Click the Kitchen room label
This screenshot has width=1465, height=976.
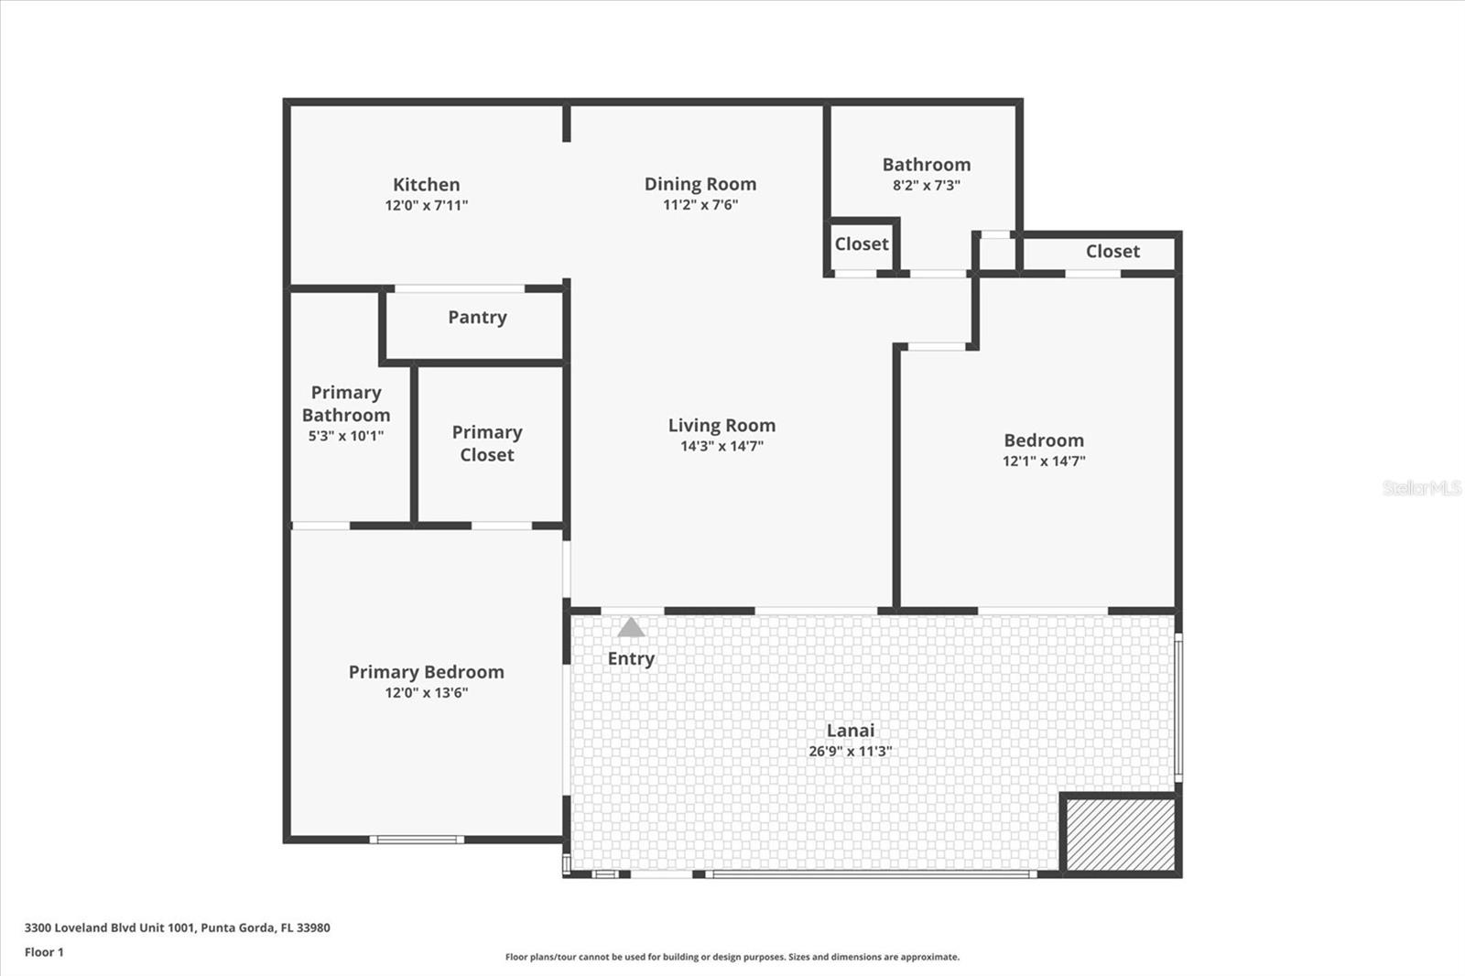(426, 184)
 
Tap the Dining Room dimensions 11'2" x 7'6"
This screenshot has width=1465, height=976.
(700, 205)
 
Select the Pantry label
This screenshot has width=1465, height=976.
(477, 318)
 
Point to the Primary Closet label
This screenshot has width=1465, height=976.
(487, 443)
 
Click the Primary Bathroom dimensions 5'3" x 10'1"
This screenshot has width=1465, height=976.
(346, 436)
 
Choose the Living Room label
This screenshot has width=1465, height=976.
(722, 425)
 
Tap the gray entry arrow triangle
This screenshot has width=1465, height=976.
(631, 627)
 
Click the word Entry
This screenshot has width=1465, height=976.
(631, 658)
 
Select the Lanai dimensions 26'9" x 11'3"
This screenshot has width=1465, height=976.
(851, 751)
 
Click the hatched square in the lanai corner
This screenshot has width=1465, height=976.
(1121, 835)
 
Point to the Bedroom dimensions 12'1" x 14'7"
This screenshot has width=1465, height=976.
(1044, 461)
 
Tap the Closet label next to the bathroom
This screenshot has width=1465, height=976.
(862, 244)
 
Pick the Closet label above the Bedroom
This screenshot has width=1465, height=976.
(1112, 251)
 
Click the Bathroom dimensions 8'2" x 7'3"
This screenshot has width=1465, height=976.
(927, 185)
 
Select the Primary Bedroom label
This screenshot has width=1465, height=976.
(427, 672)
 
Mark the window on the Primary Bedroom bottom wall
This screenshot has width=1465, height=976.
(418, 840)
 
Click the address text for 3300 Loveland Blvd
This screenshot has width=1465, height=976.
(178, 927)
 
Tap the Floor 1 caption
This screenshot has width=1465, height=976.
(45, 952)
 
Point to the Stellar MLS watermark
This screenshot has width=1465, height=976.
(1422, 488)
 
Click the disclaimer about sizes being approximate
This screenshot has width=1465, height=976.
(732, 957)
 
